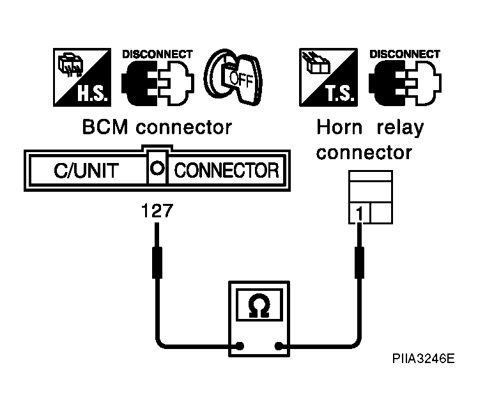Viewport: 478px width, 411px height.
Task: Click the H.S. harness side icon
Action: [82, 77]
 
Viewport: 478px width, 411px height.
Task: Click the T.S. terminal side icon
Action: [328, 77]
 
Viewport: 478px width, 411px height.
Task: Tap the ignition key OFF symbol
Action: [233, 77]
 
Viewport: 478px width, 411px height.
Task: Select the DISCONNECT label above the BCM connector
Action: [157, 54]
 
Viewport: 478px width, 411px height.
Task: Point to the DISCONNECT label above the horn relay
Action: [405, 54]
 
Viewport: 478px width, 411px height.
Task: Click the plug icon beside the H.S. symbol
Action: [158, 83]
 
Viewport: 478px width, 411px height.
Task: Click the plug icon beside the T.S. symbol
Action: [405, 83]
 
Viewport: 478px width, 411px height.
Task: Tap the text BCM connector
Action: [157, 127]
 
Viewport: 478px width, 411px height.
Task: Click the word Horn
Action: [339, 127]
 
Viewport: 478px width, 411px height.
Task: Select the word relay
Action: [400, 128]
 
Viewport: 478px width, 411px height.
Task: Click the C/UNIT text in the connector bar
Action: [86, 171]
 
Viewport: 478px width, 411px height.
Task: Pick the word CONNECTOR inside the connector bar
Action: [226, 171]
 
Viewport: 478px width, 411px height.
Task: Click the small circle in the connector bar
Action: [157, 168]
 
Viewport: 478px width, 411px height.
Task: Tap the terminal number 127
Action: [157, 211]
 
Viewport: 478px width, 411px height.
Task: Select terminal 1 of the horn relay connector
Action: [360, 213]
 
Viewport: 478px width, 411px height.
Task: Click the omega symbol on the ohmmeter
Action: [259, 305]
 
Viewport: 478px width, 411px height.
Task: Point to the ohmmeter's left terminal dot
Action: [240, 346]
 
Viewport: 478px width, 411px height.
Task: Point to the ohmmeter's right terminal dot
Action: [279, 346]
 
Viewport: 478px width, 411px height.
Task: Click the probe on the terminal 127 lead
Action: [157, 263]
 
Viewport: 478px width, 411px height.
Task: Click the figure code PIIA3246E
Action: [424, 359]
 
